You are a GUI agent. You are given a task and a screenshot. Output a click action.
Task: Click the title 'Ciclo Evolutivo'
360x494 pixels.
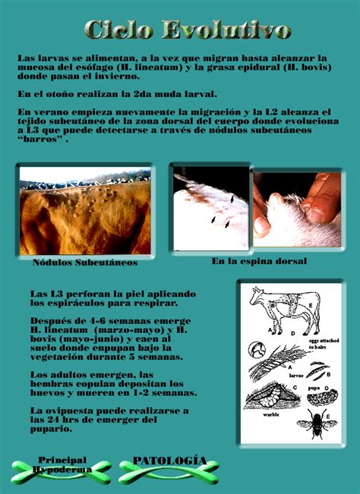[x=187, y=30]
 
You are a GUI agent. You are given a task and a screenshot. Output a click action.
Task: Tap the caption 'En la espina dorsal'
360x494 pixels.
[x=258, y=261]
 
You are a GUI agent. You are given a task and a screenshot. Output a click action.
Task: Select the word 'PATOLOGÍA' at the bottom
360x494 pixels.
[x=169, y=461]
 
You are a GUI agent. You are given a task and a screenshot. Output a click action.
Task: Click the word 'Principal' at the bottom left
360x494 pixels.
[x=62, y=460]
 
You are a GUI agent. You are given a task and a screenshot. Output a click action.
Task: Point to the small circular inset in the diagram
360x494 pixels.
[x=257, y=351]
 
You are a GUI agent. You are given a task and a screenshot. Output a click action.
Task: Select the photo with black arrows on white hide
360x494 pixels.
[x=211, y=207]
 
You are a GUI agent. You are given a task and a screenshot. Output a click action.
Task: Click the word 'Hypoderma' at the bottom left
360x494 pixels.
[x=62, y=469]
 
